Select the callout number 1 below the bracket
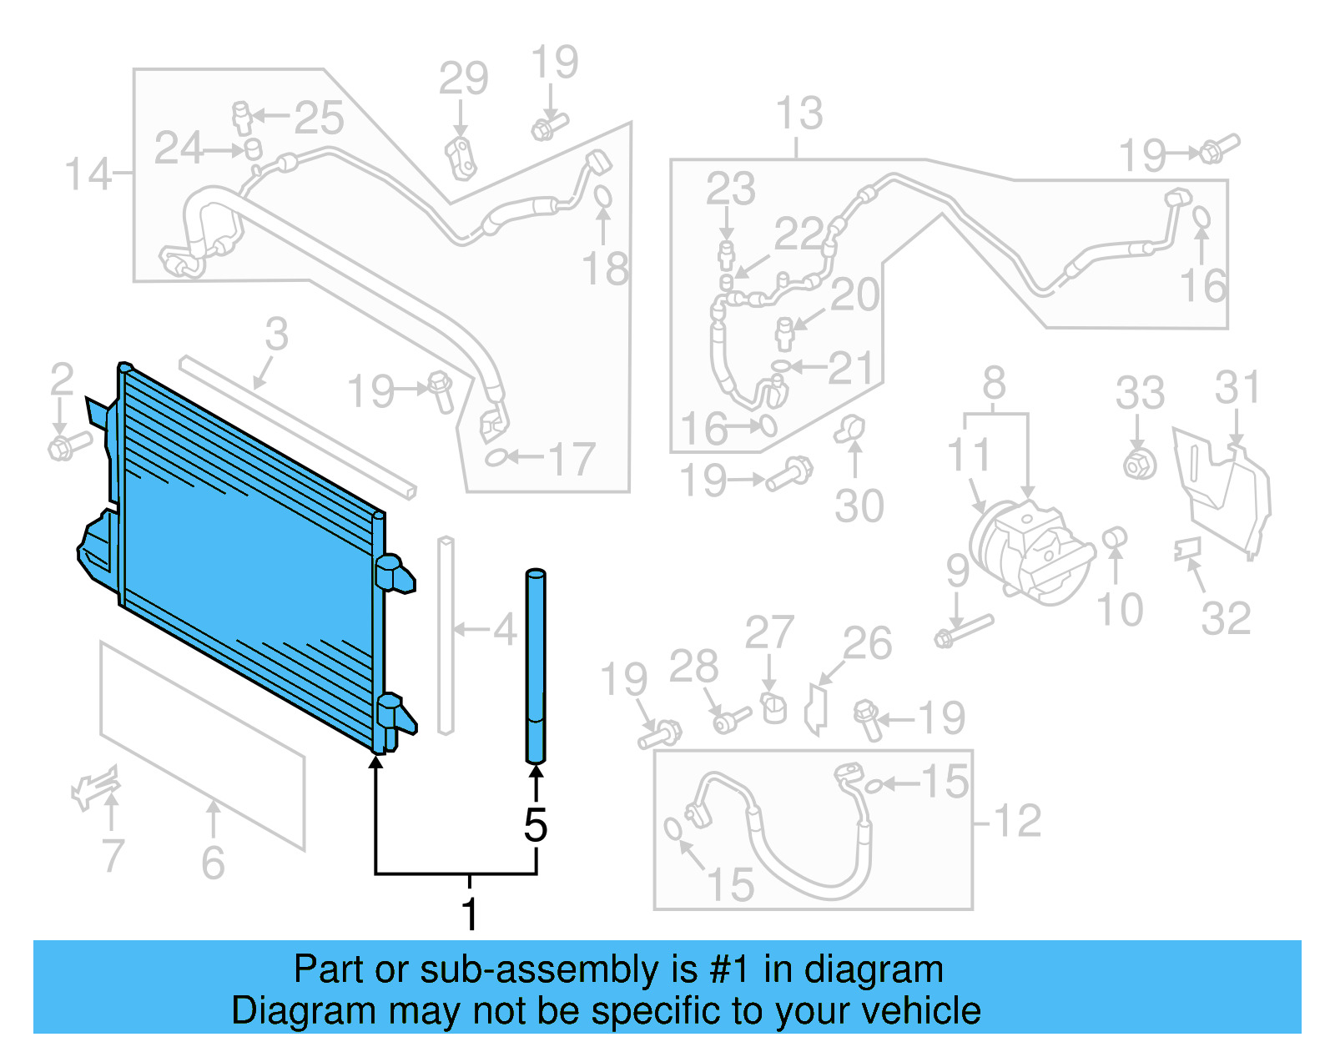point(470,914)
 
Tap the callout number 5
point(536,825)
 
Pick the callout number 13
point(799,113)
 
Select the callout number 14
point(87,174)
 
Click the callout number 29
point(463,78)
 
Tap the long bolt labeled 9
point(965,631)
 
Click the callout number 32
point(1226,618)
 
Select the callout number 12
point(1017,821)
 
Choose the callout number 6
point(213,862)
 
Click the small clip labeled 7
point(96,788)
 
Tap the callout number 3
point(276,335)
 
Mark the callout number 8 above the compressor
point(994,384)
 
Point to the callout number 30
point(859,506)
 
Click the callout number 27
point(769,632)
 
